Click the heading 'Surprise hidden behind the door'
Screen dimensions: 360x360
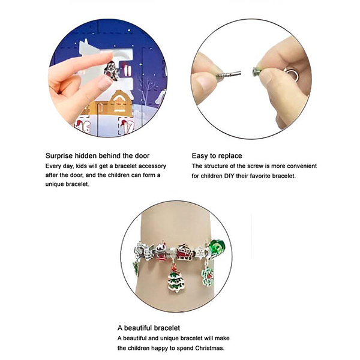97,155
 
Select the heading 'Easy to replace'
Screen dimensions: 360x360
217,155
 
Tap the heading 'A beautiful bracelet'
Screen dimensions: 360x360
149,328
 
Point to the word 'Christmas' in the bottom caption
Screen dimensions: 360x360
209,348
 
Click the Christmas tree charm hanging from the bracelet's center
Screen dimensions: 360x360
176,278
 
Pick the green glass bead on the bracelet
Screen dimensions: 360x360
217,247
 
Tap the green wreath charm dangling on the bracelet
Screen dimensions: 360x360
208,277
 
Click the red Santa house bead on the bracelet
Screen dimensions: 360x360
185,252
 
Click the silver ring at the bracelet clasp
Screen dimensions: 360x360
292,74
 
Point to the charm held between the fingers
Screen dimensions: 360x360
112,71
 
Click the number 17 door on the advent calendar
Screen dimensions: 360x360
127,126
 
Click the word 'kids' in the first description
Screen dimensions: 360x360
80,166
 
